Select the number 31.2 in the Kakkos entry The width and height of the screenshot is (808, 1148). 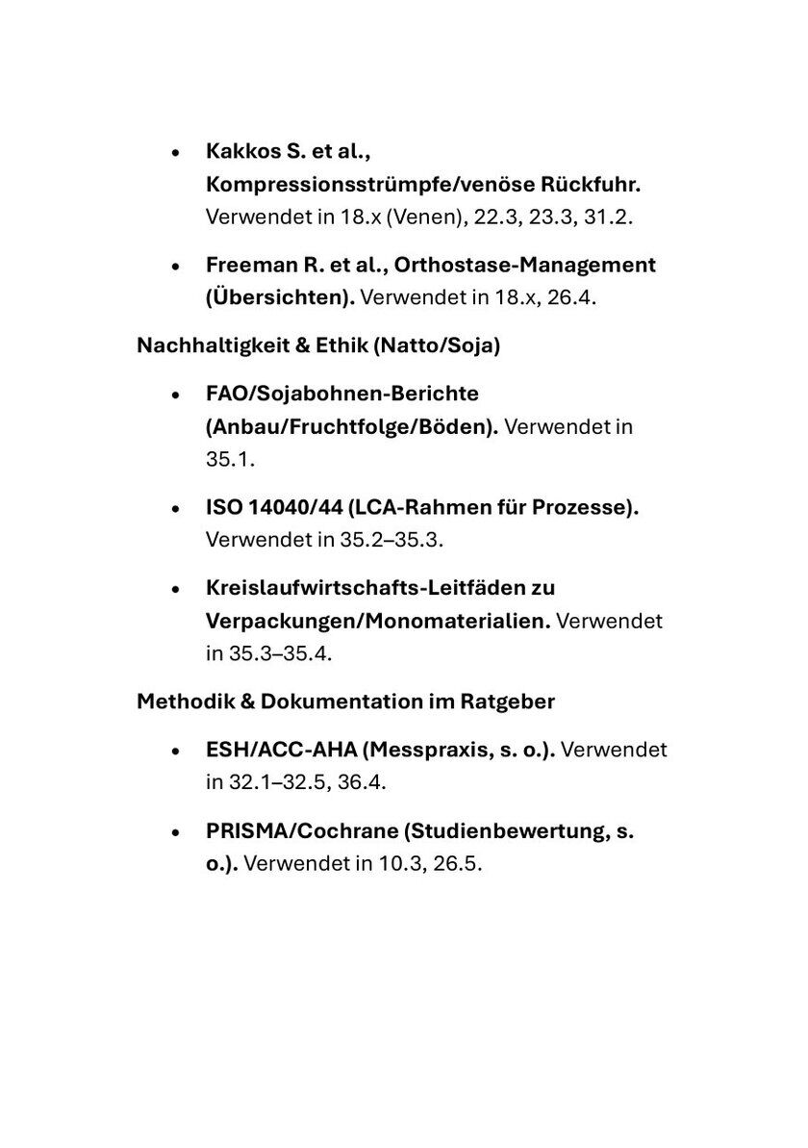(x=608, y=217)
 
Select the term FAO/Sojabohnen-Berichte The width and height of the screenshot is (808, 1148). (x=341, y=394)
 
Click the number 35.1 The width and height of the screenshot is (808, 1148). (x=229, y=459)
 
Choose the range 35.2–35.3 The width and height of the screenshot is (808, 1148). (x=391, y=540)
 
